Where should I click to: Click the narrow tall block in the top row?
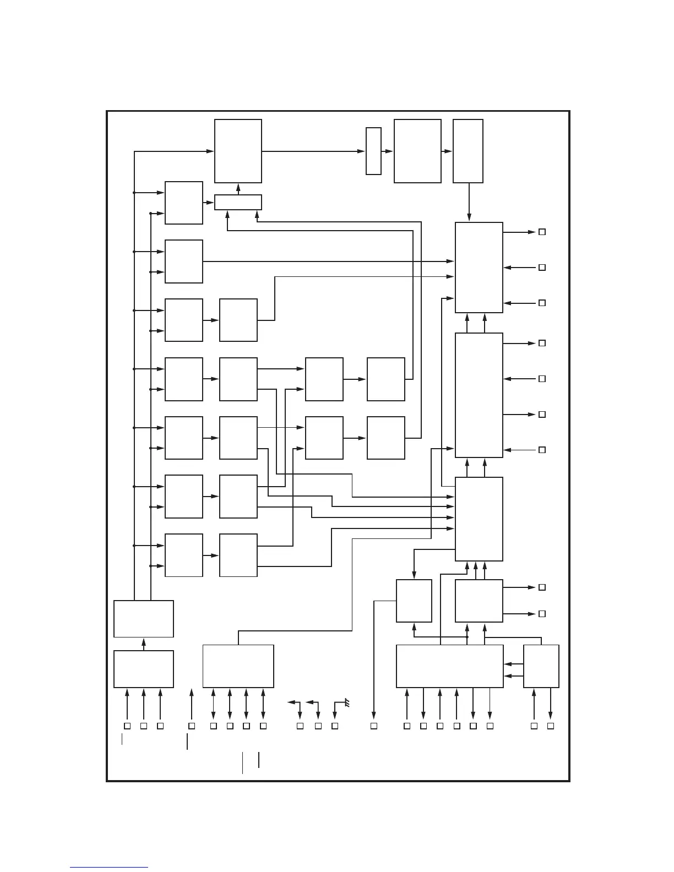click(x=373, y=151)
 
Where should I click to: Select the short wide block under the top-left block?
click(x=238, y=202)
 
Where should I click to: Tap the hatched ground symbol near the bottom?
click(x=347, y=703)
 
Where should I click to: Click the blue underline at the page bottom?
click(x=109, y=868)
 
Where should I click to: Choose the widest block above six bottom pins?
click(x=449, y=666)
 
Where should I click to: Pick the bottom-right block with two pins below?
click(x=541, y=666)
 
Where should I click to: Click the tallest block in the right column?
click(x=479, y=395)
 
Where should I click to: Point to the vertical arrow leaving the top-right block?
click(x=469, y=201)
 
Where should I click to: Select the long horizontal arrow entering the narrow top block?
click(x=314, y=151)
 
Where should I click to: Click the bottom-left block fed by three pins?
click(x=143, y=669)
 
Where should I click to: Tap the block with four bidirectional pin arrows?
click(x=238, y=666)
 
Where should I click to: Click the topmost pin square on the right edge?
click(x=542, y=232)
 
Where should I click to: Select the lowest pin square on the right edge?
click(x=542, y=613)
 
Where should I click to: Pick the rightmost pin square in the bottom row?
click(x=550, y=726)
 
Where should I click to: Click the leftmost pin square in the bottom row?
click(x=127, y=726)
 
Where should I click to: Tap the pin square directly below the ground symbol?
click(x=335, y=726)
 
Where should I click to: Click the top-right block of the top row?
click(x=468, y=151)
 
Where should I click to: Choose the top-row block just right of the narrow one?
click(x=417, y=151)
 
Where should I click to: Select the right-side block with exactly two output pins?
click(x=479, y=601)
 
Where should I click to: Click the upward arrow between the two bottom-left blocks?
click(x=144, y=644)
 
